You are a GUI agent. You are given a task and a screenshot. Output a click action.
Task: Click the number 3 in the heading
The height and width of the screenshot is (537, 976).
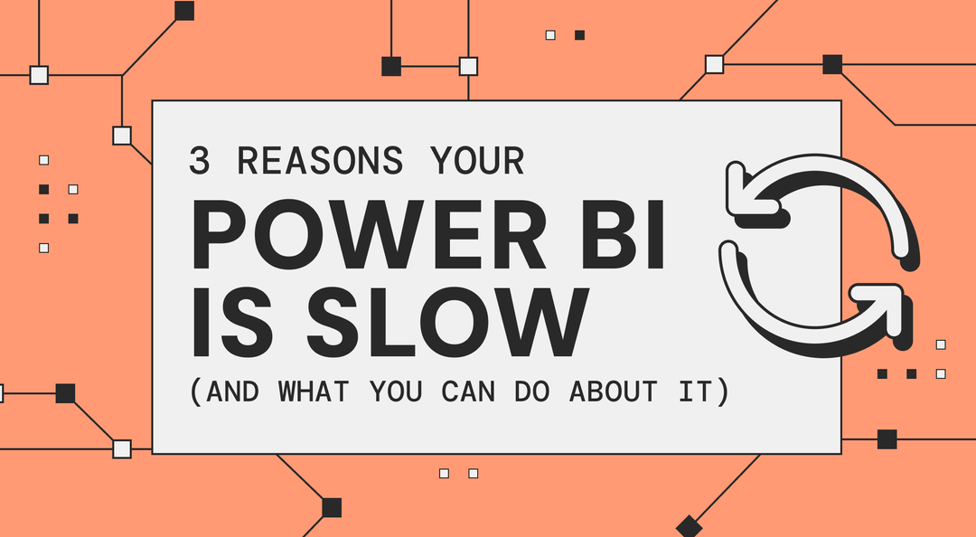(198, 161)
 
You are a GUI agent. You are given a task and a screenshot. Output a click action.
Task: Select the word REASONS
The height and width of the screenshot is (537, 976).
(320, 161)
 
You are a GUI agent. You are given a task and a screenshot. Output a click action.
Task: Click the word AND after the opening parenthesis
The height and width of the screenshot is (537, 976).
(234, 392)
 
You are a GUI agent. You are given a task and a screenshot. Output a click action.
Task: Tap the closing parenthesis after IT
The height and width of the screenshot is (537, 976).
(720, 392)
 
